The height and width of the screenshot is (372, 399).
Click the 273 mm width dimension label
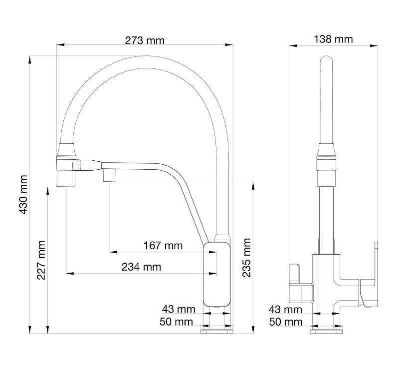point(144,39)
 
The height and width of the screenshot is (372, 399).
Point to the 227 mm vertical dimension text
point(41,260)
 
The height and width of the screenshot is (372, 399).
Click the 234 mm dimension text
point(142,267)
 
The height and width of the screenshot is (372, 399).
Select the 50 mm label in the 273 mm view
point(176,322)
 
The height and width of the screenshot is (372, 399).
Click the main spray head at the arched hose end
point(67,165)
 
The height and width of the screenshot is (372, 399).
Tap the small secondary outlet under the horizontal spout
point(109,176)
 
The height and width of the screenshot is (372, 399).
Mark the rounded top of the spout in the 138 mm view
point(327,62)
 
